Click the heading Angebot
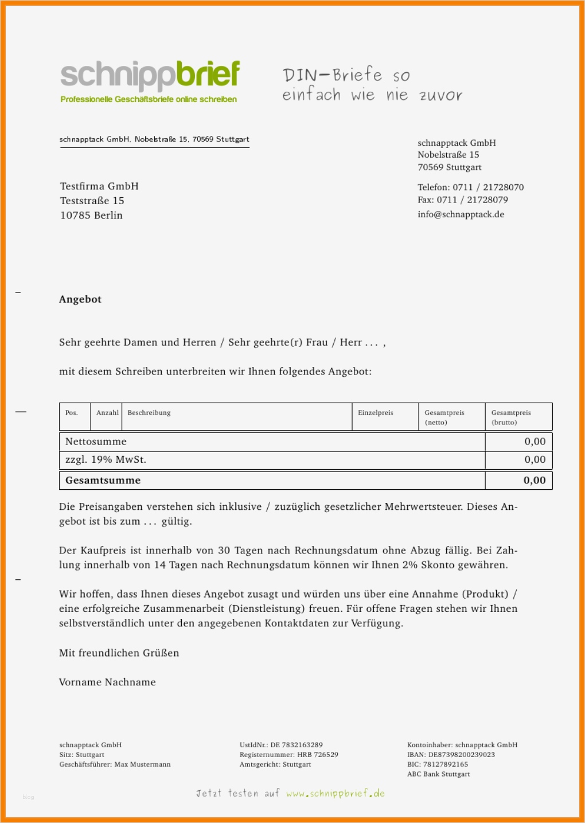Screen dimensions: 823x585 click(x=80, y=299)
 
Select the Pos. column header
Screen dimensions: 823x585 click(x=72, y=413)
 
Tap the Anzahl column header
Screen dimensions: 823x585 click(x=107, y=413)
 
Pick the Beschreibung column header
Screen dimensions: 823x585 click(x=149, y=413)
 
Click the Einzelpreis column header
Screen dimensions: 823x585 click(x=376, y=413)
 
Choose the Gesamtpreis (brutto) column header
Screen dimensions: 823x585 click(x=511, y=418)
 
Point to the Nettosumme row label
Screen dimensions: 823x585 click(x=96, y=442)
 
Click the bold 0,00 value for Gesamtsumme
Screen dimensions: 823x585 click(x=535, y=481)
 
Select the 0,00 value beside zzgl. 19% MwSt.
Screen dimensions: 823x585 click(x=535, y=459)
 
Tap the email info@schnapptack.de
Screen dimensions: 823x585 click(x=461, y=214)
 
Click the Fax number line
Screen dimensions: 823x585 click(x=462, y=200)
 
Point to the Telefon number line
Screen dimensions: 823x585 click(x=470, y=188)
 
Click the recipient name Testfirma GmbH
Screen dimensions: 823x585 click(x=99, y=186)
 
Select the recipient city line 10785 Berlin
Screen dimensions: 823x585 click(x=91, y=216)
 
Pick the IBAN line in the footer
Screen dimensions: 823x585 click(x=451, y=755)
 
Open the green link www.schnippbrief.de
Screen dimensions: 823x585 click(x=336, y=794)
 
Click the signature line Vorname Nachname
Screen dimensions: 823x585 click(x=107, y=682)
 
